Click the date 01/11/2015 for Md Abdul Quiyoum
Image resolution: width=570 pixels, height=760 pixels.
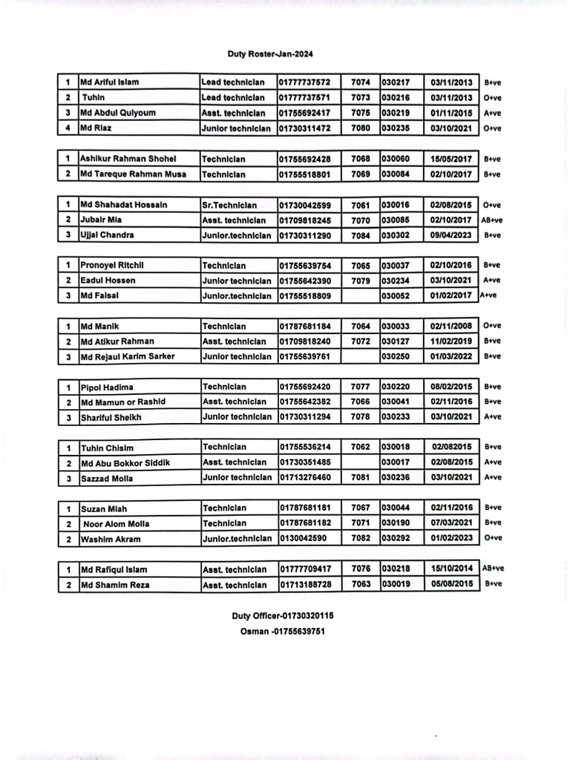point(451,113)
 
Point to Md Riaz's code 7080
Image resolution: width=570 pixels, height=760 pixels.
point(360,128)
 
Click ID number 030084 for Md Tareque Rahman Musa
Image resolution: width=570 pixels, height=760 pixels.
point(396,174)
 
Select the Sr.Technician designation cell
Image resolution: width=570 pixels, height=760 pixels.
point(229,205)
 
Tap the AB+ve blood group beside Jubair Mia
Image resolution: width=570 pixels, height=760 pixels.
point(492,220)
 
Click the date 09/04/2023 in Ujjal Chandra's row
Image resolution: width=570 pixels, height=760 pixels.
point(451,235)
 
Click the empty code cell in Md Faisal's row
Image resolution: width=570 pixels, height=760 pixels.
point(360,295)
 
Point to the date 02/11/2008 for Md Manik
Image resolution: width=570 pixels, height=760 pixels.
point(451,326)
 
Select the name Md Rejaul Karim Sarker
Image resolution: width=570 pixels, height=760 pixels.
point(128,356)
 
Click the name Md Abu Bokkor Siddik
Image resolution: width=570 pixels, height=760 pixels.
point(125,463)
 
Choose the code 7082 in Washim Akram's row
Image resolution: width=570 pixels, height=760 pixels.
point(360,539)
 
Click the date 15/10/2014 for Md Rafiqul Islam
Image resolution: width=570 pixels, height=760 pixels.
point(451,569)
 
